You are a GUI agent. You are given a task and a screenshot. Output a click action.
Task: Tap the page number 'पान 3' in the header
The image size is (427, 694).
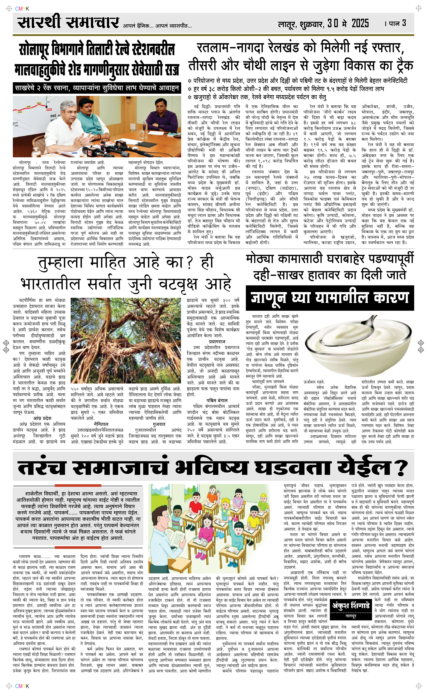pyautogui.click(x=397, y=23)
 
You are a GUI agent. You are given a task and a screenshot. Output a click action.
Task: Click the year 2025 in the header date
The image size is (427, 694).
pyautogui.click(x=360, y=23)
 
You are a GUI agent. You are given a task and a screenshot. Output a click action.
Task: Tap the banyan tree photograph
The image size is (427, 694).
pyautogui.click(x=126, y=340)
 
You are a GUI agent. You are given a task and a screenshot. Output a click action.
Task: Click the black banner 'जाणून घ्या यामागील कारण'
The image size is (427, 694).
pyautogui.click(x=330, y=298)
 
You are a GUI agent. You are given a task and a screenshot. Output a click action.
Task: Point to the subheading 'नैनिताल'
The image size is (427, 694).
pyautogui.click(x=101, y=424)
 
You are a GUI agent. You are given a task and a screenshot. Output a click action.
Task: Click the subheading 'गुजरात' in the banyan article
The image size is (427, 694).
pyautogui.click(x=159, y=424)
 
